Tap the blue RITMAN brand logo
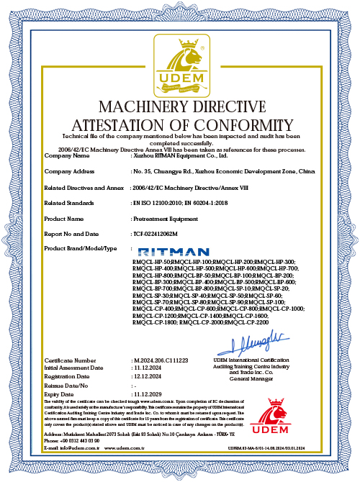point(164,251)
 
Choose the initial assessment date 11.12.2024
point(148,367)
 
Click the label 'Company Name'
point(67,155)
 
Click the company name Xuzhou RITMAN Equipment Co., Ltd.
point(180,155)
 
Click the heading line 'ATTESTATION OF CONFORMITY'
point(179,124)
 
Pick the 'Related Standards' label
point(70,203)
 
